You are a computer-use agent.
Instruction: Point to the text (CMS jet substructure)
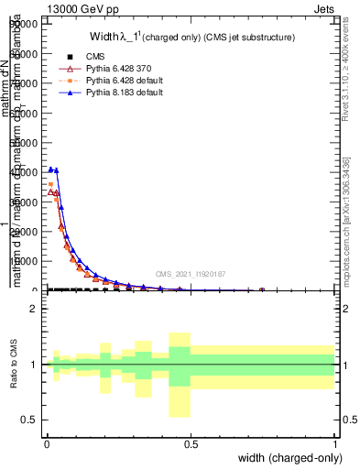244,38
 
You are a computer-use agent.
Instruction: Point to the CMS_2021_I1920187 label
190,273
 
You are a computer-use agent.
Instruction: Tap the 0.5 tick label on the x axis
191,443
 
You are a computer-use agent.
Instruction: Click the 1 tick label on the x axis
335,443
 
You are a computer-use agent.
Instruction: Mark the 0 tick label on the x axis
47,443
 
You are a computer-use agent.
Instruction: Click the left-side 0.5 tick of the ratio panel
30,420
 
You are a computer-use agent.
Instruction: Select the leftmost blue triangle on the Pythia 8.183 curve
51,169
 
